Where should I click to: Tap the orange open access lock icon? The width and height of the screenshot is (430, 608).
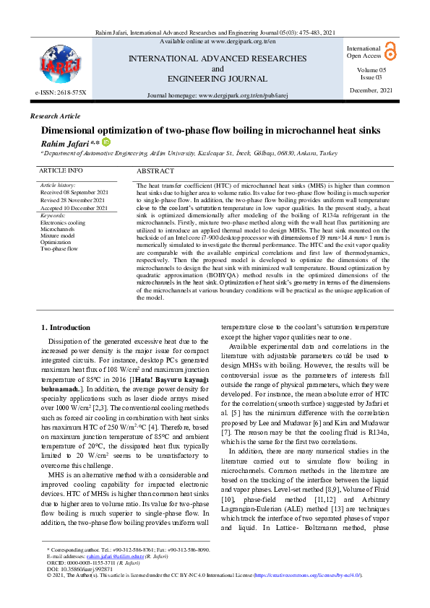pos(390,50)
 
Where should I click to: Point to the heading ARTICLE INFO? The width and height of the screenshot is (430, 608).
pos(61,171)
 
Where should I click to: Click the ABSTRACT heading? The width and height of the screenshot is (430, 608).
pos(155,171)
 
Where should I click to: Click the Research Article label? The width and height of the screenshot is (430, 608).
pos(56,116)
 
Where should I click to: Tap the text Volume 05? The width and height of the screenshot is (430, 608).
pos(371,69)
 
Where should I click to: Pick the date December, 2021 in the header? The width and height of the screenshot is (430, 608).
pos(371,90)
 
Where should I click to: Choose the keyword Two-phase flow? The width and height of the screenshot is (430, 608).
pos(59,248)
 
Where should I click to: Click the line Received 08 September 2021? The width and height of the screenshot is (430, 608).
pos(74,193)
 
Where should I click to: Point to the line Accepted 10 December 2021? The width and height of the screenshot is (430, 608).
pos(74,208)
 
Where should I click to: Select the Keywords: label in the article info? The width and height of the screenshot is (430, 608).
pos(53,215)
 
